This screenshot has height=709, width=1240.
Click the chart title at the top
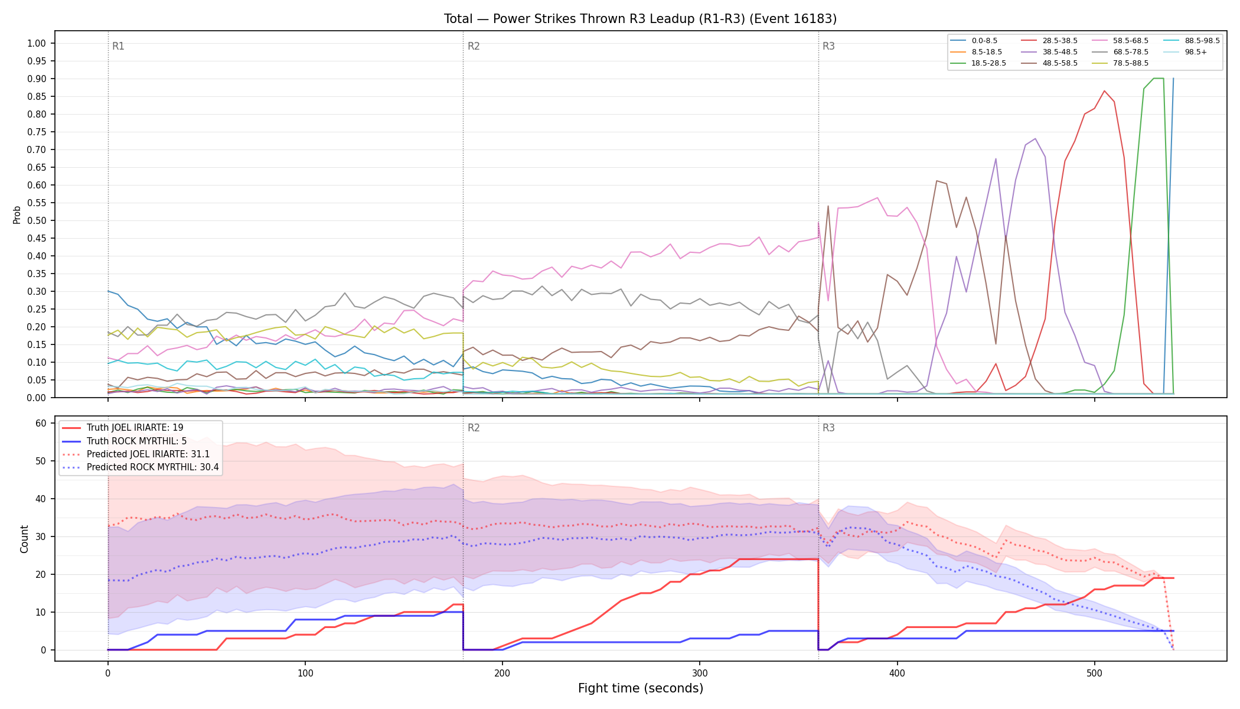pyautogui.click(x=640, y=19)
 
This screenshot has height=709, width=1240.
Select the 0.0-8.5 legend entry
pyautogui.click(x=974, y=41)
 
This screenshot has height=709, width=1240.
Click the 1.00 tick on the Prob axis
pyautogui.click(x=37, y=43)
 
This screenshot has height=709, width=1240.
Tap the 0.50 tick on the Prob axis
pyautogui.click(x=37, y=220)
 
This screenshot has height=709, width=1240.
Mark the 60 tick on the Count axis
pyautogui.click(x=41, y=423)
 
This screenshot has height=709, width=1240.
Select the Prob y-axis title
pyautogui.click(x=17, y=214)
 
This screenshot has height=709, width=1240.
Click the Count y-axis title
pyautogui.click(x=24, y=539)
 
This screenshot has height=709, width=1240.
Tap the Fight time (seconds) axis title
pyautogui.click(x=641, y=688)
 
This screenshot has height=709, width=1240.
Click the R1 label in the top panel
pyautogui.click(x=118, y=46)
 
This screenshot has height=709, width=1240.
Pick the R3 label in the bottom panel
pyautogui.click(x=828, y=428)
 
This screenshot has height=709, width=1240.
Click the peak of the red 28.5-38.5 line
pyautogui.click(x=1104, y=90)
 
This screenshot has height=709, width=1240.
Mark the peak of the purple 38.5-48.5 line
pyautogui.click(x=1035, y=138)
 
